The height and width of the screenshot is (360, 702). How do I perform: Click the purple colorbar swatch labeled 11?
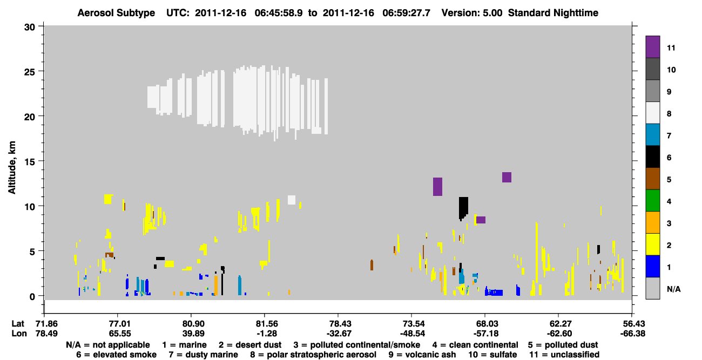652,47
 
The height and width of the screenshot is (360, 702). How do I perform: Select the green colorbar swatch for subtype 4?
652,201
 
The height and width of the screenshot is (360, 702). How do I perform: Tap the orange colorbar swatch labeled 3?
652,222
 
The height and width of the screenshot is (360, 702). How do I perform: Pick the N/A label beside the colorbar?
673,289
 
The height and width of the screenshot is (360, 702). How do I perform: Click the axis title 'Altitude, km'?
11,168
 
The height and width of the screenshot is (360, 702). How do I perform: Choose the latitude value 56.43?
632,324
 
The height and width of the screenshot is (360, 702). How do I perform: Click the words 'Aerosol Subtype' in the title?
116,13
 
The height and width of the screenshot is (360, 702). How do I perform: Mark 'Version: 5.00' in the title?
472,13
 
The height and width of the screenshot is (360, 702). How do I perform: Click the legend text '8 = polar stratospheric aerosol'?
313,355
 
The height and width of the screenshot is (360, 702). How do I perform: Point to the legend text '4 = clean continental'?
475,345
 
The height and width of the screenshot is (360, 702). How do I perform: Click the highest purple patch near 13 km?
507,178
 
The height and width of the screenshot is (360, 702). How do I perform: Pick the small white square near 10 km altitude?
292,200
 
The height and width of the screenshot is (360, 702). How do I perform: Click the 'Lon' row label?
19,334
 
